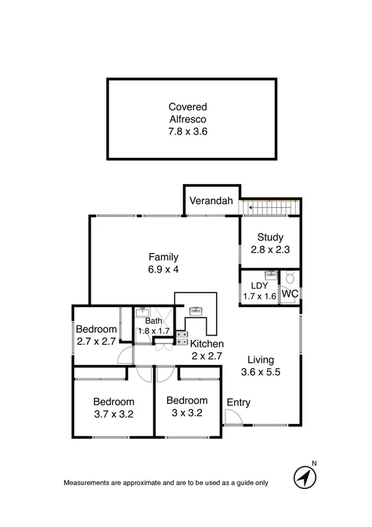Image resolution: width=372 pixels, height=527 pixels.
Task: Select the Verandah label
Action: pos(211,201)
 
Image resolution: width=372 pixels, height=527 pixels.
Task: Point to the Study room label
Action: pos(271,237)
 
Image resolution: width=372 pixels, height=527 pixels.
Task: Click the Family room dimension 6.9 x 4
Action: pos(164,269)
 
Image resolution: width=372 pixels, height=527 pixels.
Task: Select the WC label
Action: pos(289,293)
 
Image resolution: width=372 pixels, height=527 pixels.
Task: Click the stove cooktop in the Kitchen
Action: pos(181,337)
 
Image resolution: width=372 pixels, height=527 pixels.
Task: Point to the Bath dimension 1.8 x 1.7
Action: pos(153,331)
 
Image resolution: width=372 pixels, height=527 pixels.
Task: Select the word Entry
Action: pos(238,403)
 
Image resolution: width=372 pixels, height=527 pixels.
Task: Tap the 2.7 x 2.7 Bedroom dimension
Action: pos(96,341)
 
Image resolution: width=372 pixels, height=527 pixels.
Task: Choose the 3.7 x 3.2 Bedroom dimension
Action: pos(114,413)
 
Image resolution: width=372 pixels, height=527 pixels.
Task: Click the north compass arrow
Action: pos(304,477)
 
